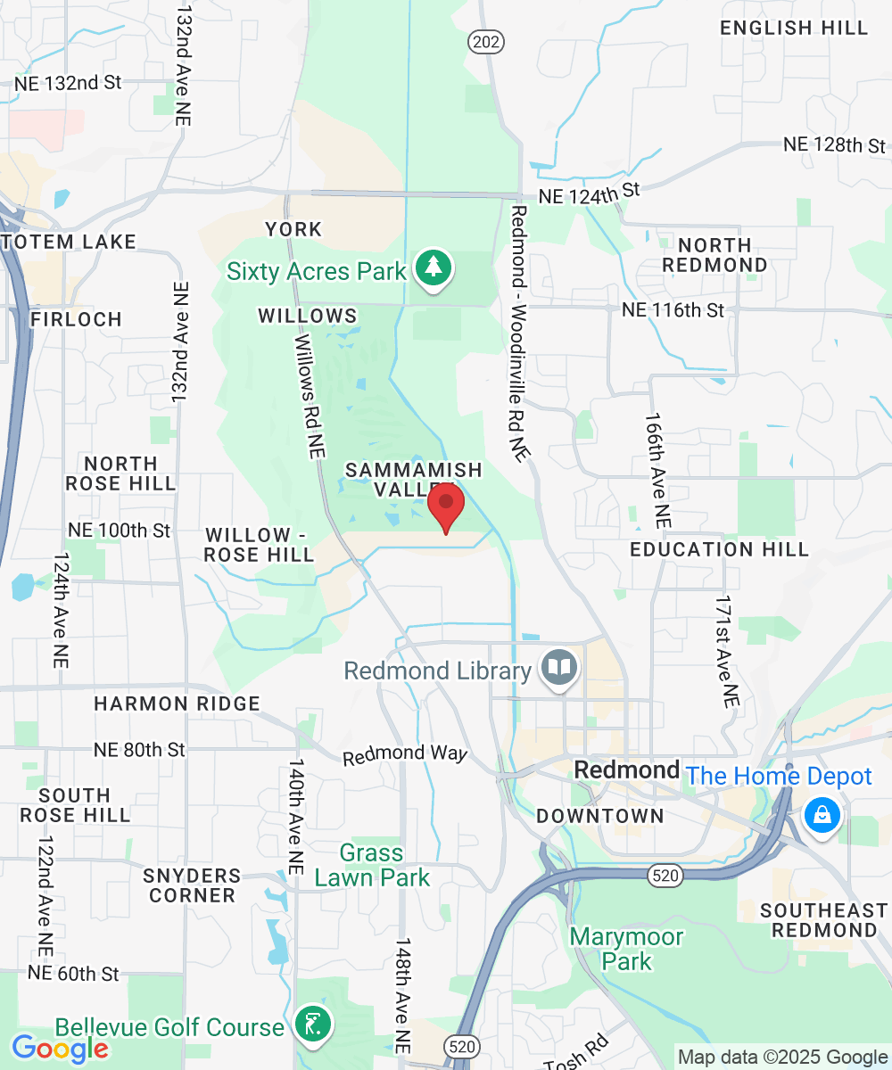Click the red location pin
point(445,506)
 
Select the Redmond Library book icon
point(560,669)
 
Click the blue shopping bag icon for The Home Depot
point(821,815)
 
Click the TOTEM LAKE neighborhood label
point(69,242)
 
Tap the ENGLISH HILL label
point(794,28)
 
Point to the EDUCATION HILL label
point(719,549)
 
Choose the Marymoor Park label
point(626,949)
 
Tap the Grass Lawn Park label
point(371,866)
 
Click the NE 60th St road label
point(73,974)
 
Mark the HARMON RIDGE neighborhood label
point(178,704)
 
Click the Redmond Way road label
point(405,754)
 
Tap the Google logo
point(59,1049)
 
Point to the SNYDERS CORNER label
point(193,885)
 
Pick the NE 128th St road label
point(834,144)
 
